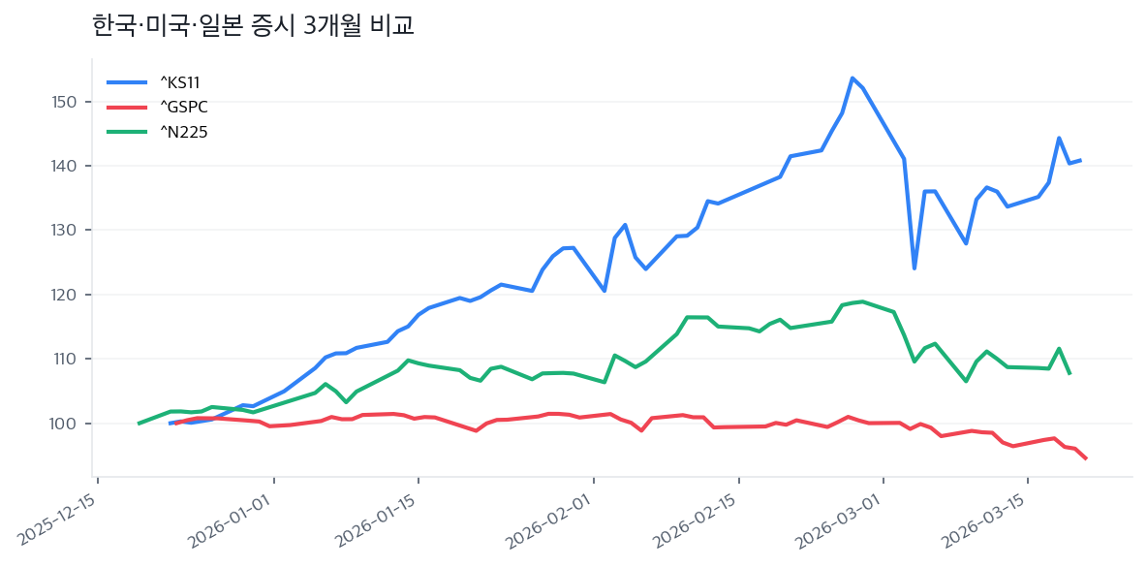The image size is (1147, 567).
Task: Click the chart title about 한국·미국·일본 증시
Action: click(x=253, y=25)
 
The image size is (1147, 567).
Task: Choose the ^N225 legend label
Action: click(x=183, y=132)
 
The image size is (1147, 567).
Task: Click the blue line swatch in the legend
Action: click(x=127, y=82)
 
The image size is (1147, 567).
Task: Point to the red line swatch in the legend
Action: click(x=127, y=107)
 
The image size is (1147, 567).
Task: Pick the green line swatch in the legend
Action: click(x=127, y=132)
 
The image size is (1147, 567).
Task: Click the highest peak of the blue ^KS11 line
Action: click(x=852, y=78)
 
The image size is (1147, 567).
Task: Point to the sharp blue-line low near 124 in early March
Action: click(x=914, y=268)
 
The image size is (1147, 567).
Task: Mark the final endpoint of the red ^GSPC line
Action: click(x=1086, y=458)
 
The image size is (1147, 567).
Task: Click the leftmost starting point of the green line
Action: click(x=139, y=424)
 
